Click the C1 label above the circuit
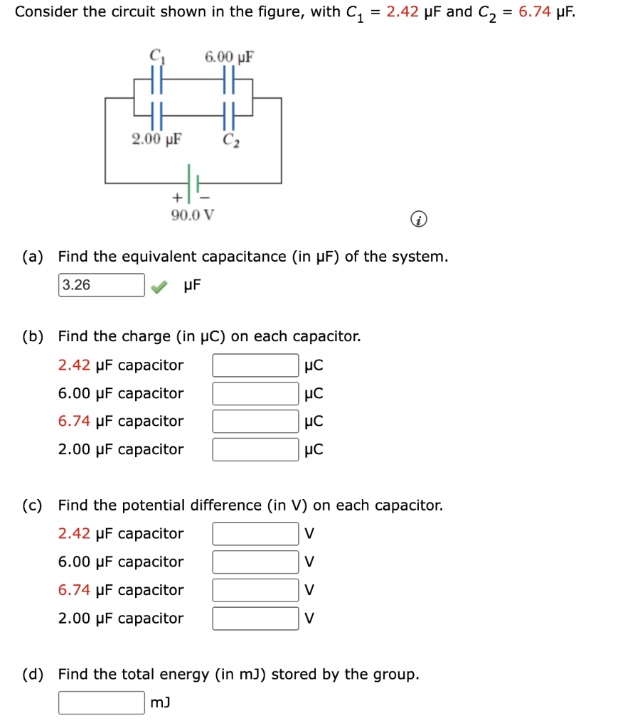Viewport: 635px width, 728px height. pos(154,56)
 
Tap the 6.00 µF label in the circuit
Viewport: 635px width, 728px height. pos(229,56)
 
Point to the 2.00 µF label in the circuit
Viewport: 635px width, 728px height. pos(156,138)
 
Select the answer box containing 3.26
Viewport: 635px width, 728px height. pos(102,285)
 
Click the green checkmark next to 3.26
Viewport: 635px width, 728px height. pos(161,286)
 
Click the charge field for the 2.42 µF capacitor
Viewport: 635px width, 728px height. pos(255,365)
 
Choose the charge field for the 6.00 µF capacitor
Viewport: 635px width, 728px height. pos(255,393)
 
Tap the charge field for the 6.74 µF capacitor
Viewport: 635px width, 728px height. pos(255,422)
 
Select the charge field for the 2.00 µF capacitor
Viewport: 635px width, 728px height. pos(255,449)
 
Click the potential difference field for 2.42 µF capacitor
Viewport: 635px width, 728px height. pos(255,534)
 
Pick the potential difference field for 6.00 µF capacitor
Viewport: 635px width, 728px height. pos(255,562)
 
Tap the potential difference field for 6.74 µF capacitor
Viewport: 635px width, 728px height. pos(255,590)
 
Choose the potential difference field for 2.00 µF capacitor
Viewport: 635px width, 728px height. pos(255,619)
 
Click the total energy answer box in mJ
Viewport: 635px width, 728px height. pos(102,703)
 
